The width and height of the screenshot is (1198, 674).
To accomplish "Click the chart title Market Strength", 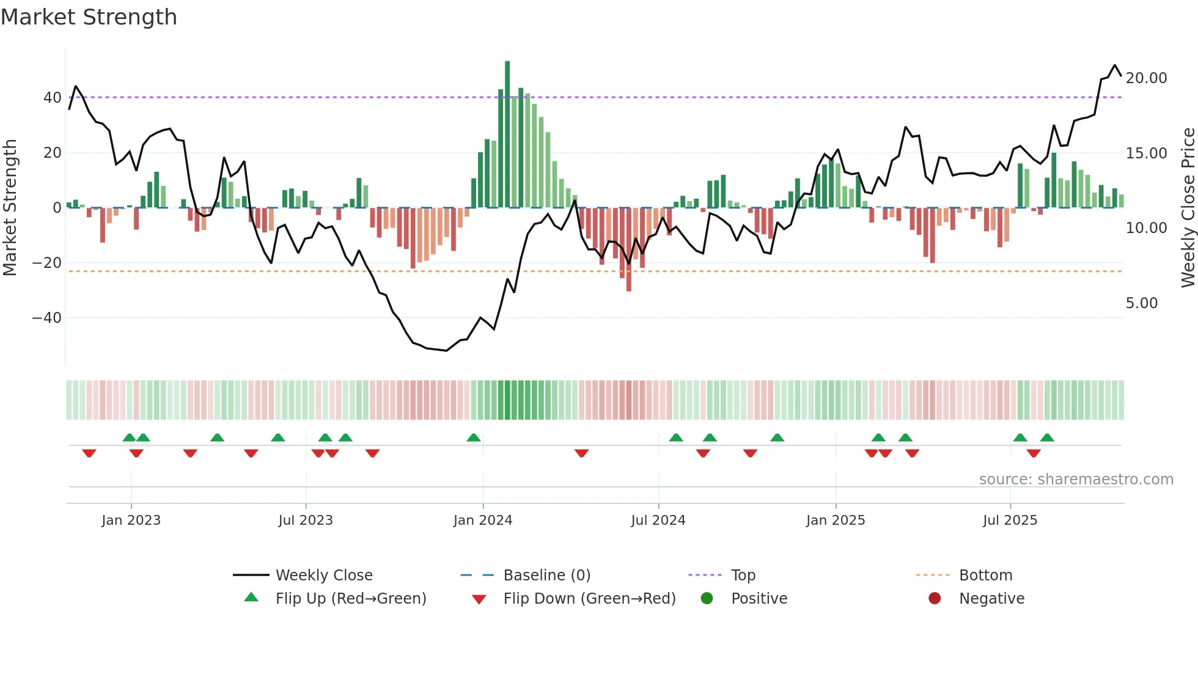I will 89,17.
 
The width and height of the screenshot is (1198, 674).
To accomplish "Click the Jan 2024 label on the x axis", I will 483,520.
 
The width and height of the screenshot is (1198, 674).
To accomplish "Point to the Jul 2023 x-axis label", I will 306,520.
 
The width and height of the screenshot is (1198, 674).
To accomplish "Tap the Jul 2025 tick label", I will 1010,520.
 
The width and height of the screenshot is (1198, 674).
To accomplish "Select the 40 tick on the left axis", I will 53,98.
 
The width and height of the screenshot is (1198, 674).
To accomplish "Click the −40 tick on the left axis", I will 47,318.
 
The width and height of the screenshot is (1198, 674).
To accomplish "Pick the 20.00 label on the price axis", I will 1147,78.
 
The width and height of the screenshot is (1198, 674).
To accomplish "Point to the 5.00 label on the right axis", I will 1142,303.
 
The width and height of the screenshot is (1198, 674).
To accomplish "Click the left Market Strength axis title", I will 10,207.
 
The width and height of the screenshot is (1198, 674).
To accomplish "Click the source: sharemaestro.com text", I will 1076,480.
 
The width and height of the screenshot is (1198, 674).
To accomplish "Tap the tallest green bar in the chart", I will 507,135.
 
